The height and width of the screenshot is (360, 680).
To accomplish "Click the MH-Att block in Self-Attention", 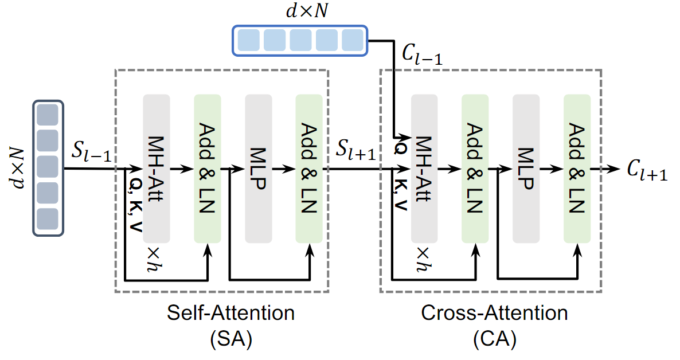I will point(157,168).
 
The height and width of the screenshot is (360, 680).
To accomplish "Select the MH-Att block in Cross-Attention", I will point(424,168).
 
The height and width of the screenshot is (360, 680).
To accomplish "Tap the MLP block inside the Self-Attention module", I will point(259,168).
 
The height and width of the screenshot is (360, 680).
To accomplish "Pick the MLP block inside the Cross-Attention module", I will point(526,168).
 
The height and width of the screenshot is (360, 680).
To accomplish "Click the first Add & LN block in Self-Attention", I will point(208,168).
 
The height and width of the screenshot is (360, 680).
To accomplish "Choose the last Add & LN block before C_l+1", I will point(577,168).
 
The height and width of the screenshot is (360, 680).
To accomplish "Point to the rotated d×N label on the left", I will point(17,167).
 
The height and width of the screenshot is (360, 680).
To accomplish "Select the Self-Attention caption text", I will point(230,314).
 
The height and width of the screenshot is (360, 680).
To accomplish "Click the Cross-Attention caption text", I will point(494,314).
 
